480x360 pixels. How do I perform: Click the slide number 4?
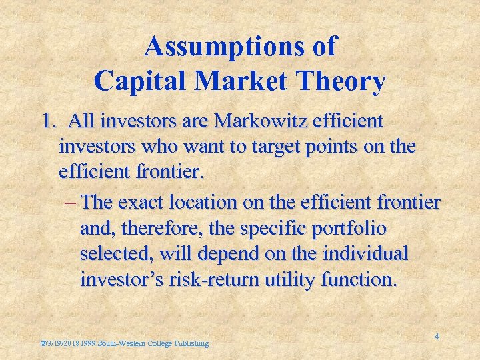(x=437, y=337)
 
